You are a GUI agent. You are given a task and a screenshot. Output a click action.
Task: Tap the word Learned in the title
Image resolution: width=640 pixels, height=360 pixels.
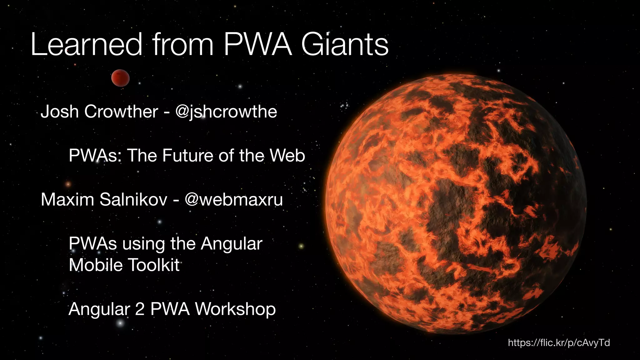pyautogui.click(x=87, y=46)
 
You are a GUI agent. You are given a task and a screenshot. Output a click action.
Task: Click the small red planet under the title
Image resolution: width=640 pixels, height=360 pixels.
pyautogui.click(x=120, y=78)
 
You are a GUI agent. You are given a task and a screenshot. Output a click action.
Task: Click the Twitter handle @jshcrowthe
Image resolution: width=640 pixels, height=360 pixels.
pyautogui.click(x=226, y=112)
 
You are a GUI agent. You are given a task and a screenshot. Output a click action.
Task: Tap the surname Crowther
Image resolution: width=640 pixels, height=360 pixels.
pyautogui.click(x=121, y=112)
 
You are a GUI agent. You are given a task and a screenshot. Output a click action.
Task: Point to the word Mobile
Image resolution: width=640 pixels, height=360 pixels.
pyautogui.click(x=96, y=265)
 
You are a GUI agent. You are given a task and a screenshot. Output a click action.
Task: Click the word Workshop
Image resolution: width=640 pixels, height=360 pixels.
pyautogui.click(x=235, y=309)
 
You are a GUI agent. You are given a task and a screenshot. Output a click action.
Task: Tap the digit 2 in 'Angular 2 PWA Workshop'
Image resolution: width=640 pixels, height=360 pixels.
pyautogui.click(x=140, y=309)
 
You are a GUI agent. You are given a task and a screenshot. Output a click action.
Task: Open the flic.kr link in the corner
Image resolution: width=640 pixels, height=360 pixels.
pyautogui.click(x=559, y=343)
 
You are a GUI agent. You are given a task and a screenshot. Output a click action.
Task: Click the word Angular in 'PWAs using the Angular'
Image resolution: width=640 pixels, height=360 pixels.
pyautogui.click(x=231, y=244)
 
